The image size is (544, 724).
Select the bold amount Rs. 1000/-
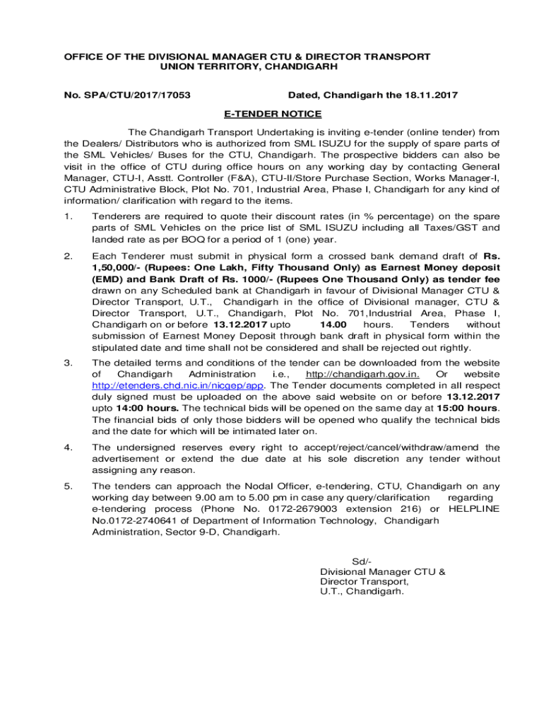[249, 280]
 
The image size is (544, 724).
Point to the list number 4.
[67, 448]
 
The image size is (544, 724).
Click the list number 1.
[67, 216]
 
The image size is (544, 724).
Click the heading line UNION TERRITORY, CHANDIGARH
[240, 66]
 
